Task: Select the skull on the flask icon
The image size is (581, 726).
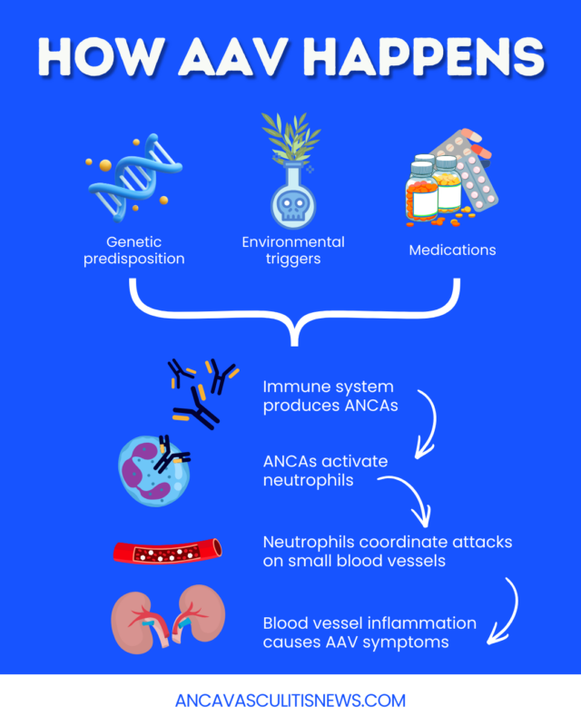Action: (x=290, y=205)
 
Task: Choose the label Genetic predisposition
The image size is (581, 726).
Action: (x=144, y=250)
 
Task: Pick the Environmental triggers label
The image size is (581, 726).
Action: (x=292, y=250)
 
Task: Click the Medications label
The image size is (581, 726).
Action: (x=451, y=250)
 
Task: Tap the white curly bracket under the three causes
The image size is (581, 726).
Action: (x=293, y=313)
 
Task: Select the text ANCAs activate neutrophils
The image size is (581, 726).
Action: (x=325, y=469)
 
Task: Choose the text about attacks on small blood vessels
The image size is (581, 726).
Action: (x=387, y=550)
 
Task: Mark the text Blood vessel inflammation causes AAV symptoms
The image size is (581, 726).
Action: (x=369, y=632)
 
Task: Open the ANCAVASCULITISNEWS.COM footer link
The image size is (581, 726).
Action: (x=290, y=701)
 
